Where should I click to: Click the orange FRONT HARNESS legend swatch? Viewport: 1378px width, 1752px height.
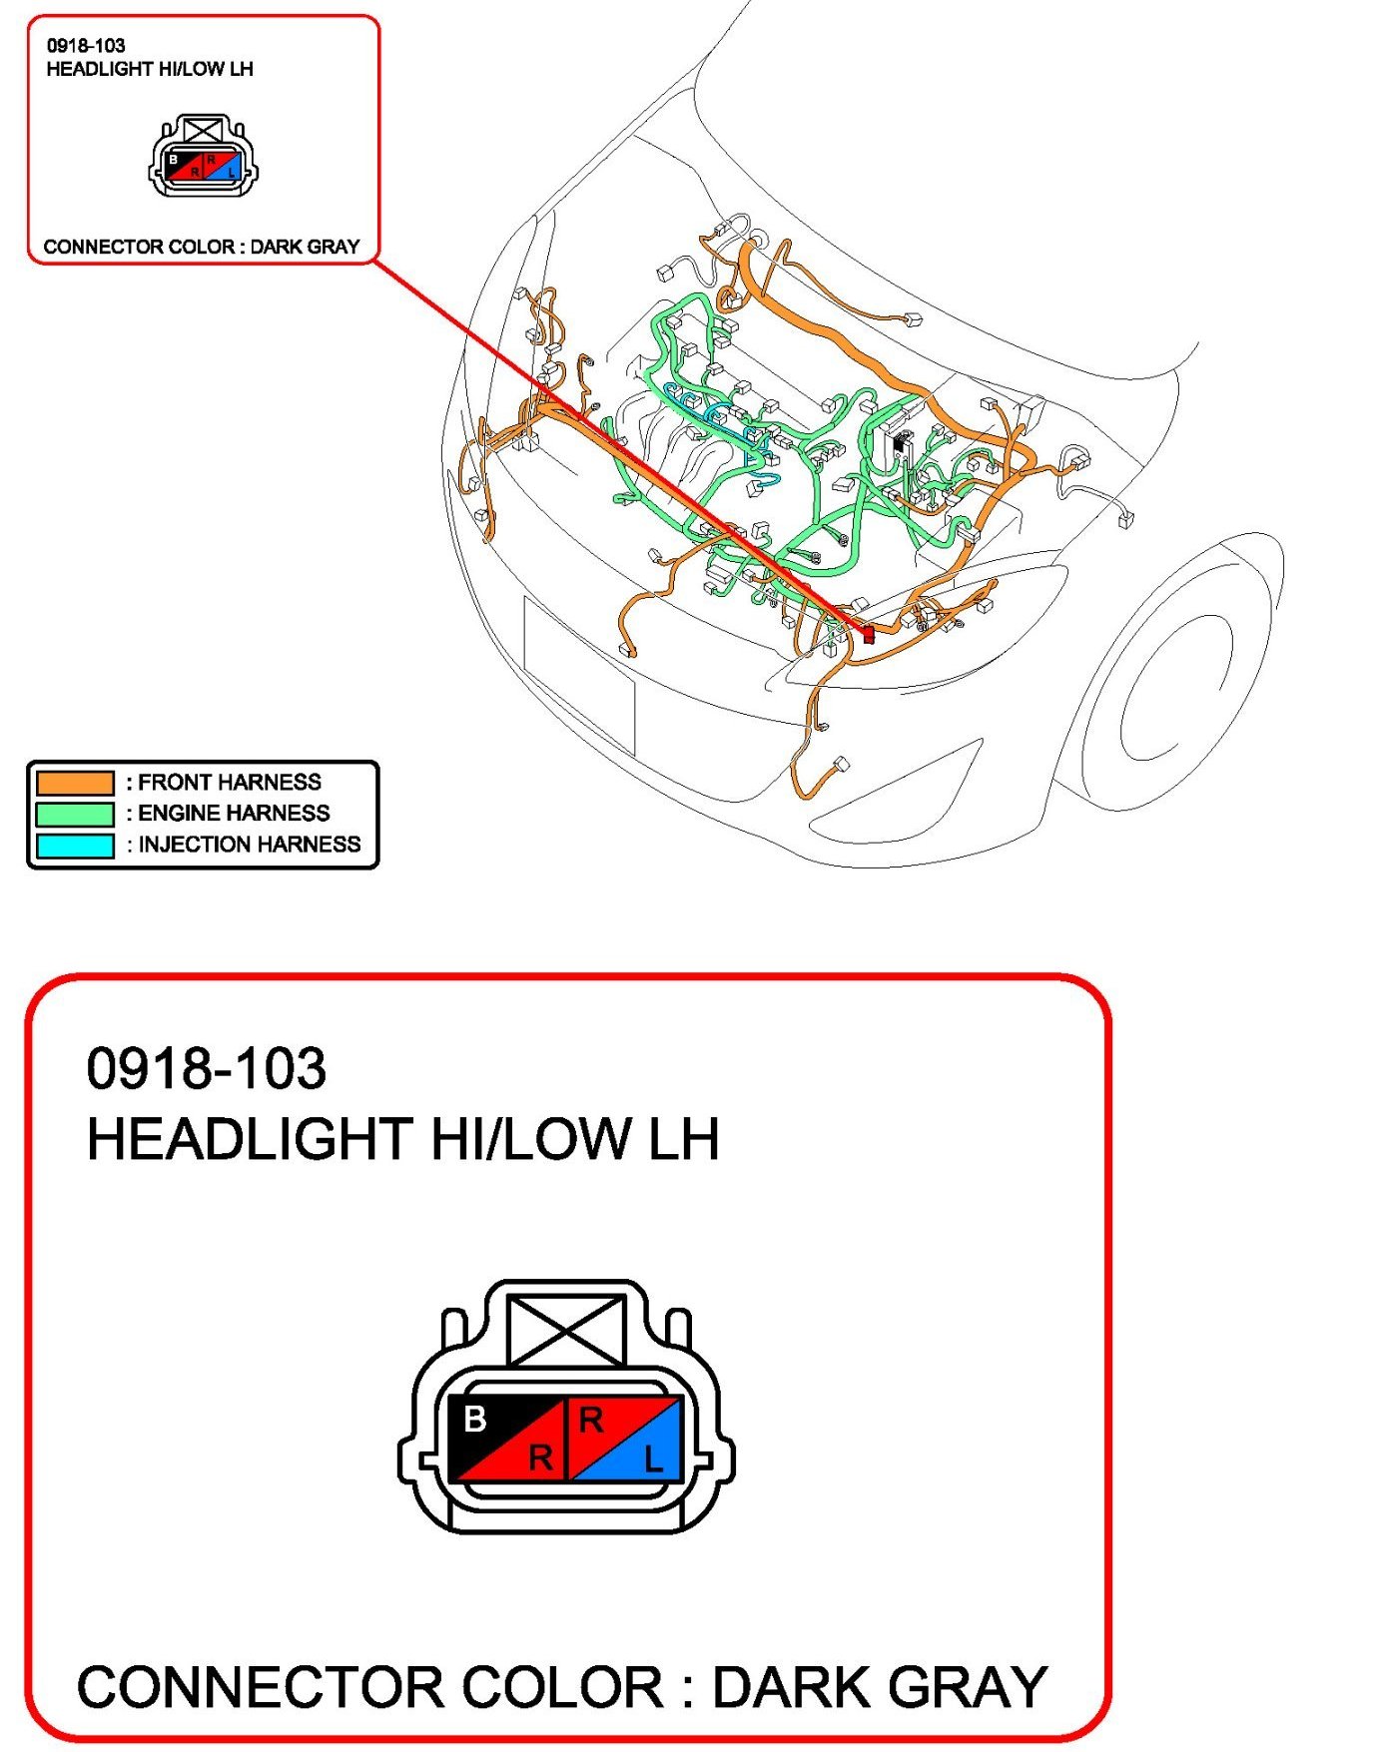pos(75,783)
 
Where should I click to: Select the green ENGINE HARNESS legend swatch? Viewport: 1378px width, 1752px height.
pos(75,814)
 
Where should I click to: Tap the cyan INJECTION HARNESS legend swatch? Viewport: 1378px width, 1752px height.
pos(75,846)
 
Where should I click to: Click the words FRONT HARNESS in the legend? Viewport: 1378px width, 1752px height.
pos(229,783)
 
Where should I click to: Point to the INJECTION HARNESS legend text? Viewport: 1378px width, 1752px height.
pos(249,846)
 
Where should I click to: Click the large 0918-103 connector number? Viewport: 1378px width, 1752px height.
pos(206,1068)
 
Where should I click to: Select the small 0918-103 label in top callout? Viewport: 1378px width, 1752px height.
pos(86,45)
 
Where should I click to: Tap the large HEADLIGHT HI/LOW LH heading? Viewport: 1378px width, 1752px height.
pos(402,1139)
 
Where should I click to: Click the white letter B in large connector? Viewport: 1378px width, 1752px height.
pos(475,1419)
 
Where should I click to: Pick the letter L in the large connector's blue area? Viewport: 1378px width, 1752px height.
pos(653,1460)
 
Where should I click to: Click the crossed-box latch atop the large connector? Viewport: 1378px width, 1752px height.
pos(567,1330)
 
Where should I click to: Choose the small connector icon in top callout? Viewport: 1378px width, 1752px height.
pos(203,157)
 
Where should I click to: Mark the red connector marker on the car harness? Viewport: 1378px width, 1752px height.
pos(868,633)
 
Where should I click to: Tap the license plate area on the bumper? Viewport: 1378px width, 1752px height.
pos(579,674)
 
